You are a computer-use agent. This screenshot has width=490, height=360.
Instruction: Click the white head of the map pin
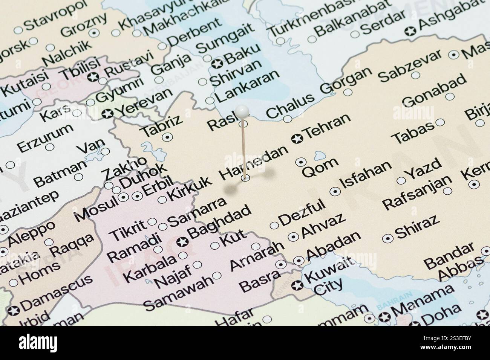tap(242, 111)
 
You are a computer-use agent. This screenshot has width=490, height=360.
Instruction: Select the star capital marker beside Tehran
tap(297, 139)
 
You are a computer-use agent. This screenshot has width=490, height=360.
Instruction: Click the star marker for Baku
tap(217, 64)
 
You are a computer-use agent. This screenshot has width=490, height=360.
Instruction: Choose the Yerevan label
tap(142, 103)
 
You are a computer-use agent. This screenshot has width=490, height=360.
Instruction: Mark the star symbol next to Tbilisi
tap(93, 78)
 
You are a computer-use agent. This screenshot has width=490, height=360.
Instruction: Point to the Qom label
tap(320, 168)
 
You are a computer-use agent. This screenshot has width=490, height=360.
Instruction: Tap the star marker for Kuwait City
tap(298, 285)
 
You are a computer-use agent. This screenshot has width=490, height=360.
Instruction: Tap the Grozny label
tap(78, 26)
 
